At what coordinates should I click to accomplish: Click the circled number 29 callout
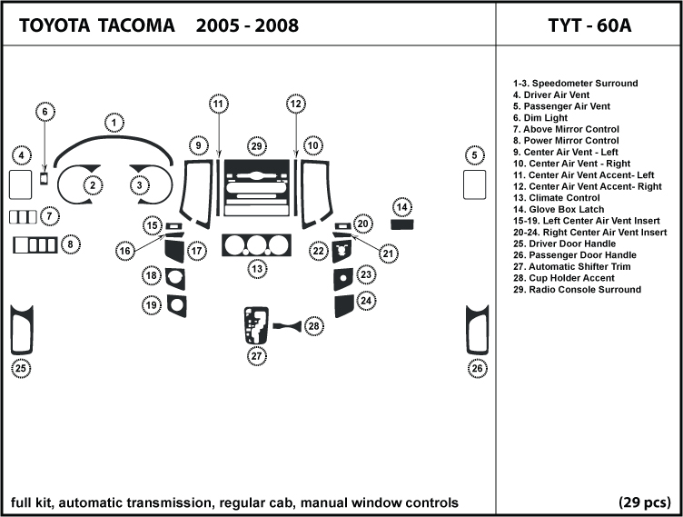[x=257, y=146]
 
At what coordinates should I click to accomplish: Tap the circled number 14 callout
[x=401, y=206]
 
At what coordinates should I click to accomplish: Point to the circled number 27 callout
[x=257, y=356]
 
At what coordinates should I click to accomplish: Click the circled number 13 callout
[x=257, y=269]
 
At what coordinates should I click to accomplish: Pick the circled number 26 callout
[x=477, y=368]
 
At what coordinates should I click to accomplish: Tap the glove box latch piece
[x=401, y=224]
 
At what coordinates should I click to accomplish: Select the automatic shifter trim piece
[x=256, y=325]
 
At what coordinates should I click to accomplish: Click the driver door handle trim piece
[x=21, y=330]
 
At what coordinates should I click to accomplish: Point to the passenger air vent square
[x=473, y=184]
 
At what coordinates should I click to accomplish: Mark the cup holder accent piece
[x=287, y=324]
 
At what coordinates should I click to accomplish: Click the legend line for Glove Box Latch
[x=557, y=209]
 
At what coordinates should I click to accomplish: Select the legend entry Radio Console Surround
[x=576, y=290]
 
